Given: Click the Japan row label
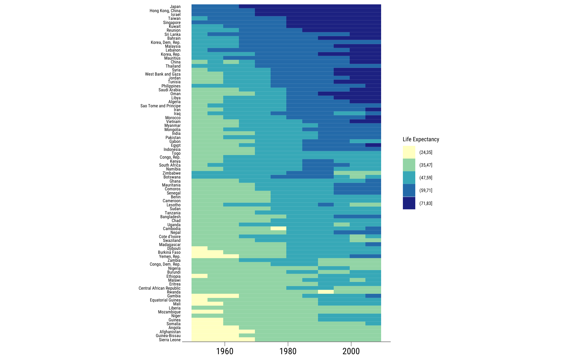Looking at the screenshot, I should coord(175,7).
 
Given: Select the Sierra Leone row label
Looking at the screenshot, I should coord(169,340).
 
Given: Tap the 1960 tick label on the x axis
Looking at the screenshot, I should coord(225,351).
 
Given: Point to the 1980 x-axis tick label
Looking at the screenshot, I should coord(288,351).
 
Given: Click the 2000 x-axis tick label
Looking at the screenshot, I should coord(351,351).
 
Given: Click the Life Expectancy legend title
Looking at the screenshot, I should coord(421,139).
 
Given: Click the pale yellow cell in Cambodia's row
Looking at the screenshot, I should coord(278,228).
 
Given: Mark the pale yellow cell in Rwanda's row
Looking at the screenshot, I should coord(326,292).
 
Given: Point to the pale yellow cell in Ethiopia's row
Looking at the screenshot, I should coord(200,276).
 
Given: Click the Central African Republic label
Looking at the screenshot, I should coord(160,288).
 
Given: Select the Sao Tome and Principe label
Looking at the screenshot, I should coord(160,106).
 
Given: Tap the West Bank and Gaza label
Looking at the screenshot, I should coord(163,74).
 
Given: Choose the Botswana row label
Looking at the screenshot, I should coord(172,177).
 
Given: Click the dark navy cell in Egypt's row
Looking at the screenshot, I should coord(373,145).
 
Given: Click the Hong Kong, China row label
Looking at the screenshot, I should coord(165,11).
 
